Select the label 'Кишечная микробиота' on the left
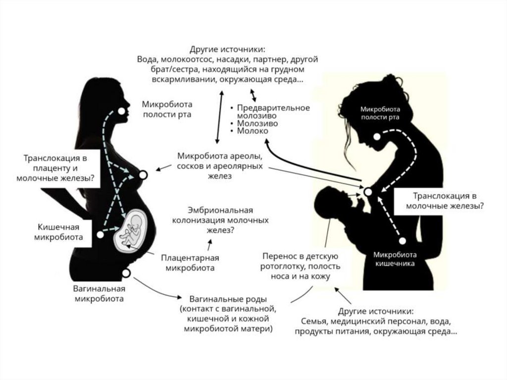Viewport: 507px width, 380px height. point(58,232)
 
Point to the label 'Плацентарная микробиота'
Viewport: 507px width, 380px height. point(190,263)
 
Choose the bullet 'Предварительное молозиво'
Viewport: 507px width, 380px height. point(272,111)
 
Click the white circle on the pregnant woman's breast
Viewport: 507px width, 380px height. point(144,175)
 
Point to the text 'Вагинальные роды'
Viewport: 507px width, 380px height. point(228,299)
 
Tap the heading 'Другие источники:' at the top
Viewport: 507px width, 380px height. point(227,50)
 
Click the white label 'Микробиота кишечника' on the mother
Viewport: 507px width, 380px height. point(395,259)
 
